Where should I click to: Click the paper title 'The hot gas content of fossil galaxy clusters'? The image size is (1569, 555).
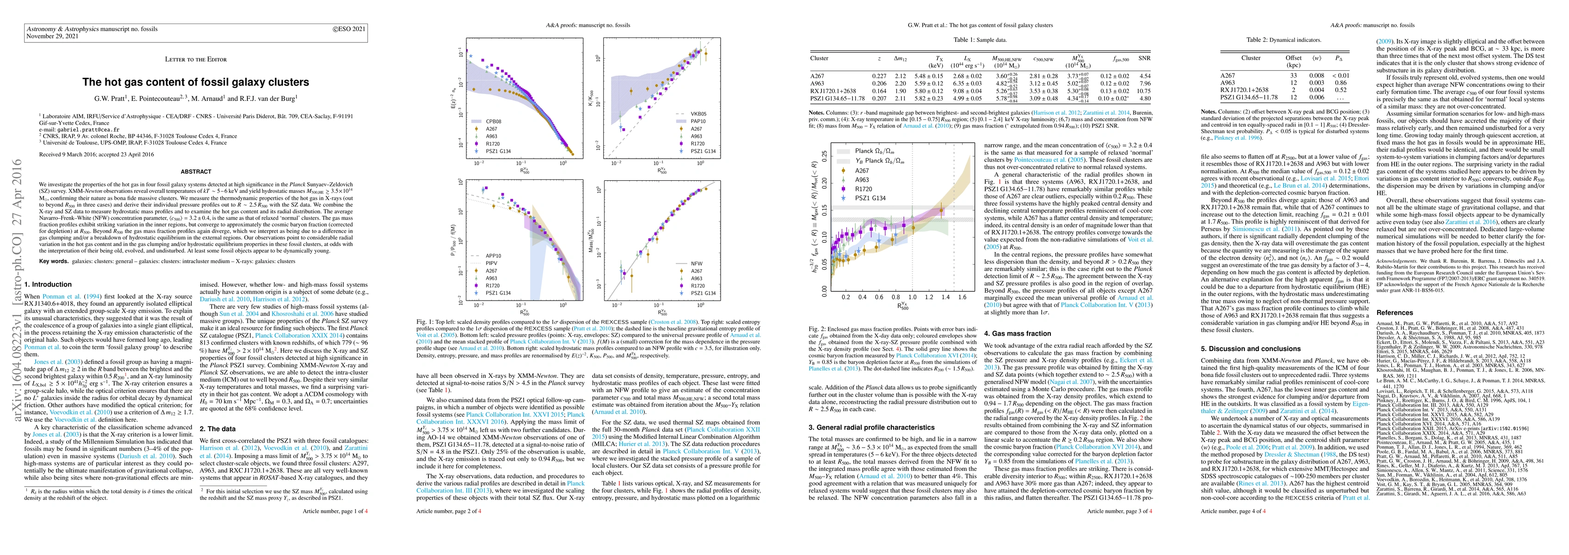pyautogui.click(x=196, y=82)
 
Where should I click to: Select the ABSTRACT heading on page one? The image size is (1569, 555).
pyautogui.click(x=196, y=172)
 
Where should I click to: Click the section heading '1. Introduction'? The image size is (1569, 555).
pyautogui.click(x=48, y=284)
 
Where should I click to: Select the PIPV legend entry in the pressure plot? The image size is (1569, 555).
pyautogui.click(x=492, y=263)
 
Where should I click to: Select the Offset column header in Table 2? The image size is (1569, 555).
pyautogui.click(x=1293, y=58)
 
